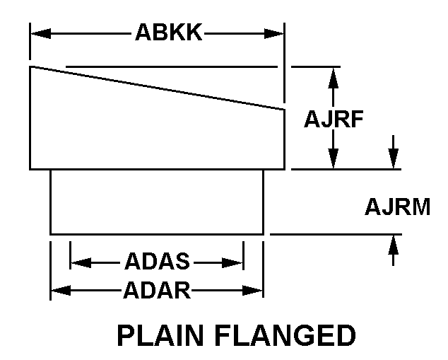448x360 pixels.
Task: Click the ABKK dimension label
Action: click(168, 33)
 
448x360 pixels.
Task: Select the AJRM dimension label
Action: click(397, 207)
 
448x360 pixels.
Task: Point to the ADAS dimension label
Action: click(157, 262)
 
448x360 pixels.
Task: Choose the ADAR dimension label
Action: click(157, 289)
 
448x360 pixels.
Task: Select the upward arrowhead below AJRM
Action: click(394, 243)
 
